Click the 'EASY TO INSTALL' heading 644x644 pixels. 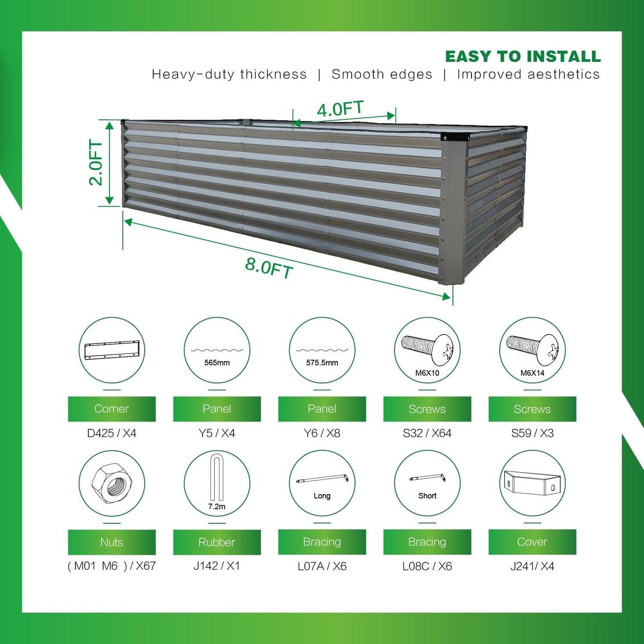(x=523, y=57)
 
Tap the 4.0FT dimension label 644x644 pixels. (x=340, y=109)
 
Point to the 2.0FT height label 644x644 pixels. (x=96, y=163)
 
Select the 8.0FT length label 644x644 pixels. (x=269, y=267)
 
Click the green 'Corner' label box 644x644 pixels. (x=111, y=409)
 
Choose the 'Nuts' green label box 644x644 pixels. (x=111, y=542)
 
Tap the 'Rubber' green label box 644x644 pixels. (x=217, y=542)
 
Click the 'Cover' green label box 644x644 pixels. (x=532, y=542)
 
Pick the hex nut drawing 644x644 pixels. (x=111, y=483)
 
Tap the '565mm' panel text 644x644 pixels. (x=217, y=363)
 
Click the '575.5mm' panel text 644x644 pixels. (x=322, y=363)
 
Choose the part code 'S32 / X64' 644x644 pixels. (x=427, y=433)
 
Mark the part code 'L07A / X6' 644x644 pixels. (x=322, y=566)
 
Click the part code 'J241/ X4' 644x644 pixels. (x=532, y=566)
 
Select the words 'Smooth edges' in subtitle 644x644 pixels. (x=382, y=74)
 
